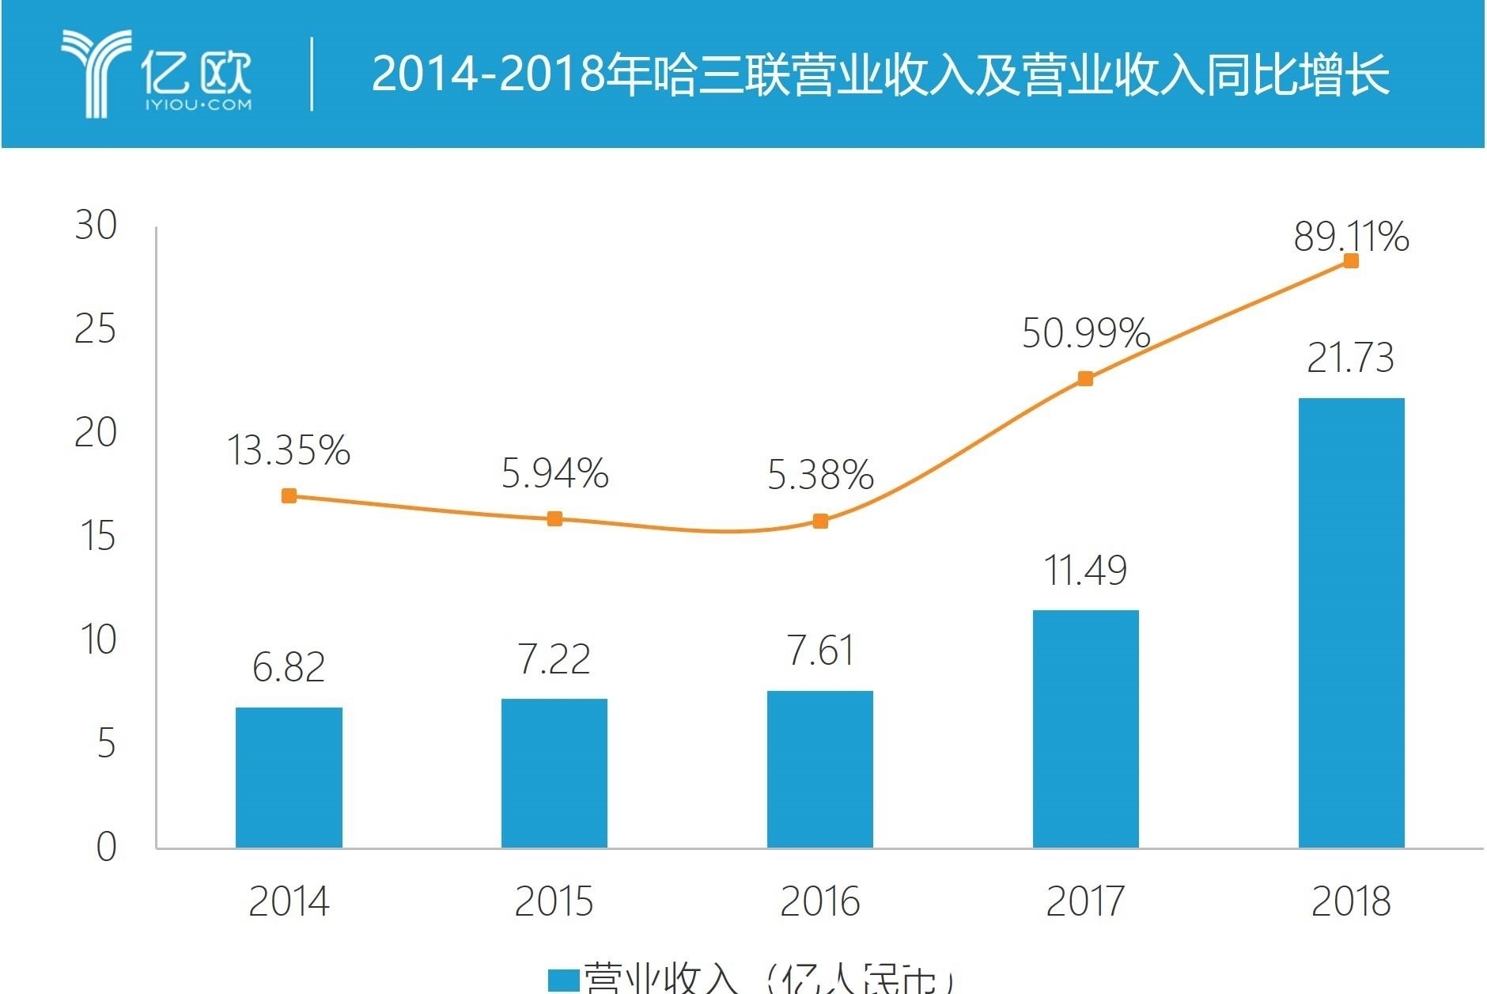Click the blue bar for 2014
point(289,778)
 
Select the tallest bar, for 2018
point(1351,623)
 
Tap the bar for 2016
point(820,769)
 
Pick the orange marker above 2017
point(1086,379)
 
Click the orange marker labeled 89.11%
point(1351,261)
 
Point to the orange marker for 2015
point(554,519)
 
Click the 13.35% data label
point(289,451)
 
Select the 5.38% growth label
point(820,475)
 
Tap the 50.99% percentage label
point(1086,333)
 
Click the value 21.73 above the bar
point(1350,358)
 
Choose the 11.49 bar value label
point(1086,571)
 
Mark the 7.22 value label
point(554,659)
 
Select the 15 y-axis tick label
point(97,537)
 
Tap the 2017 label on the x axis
point(1085,901)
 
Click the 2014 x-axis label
point(289,901)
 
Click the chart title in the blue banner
point(880,75)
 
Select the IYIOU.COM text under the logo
point(198,104)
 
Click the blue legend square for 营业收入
point(564,980)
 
